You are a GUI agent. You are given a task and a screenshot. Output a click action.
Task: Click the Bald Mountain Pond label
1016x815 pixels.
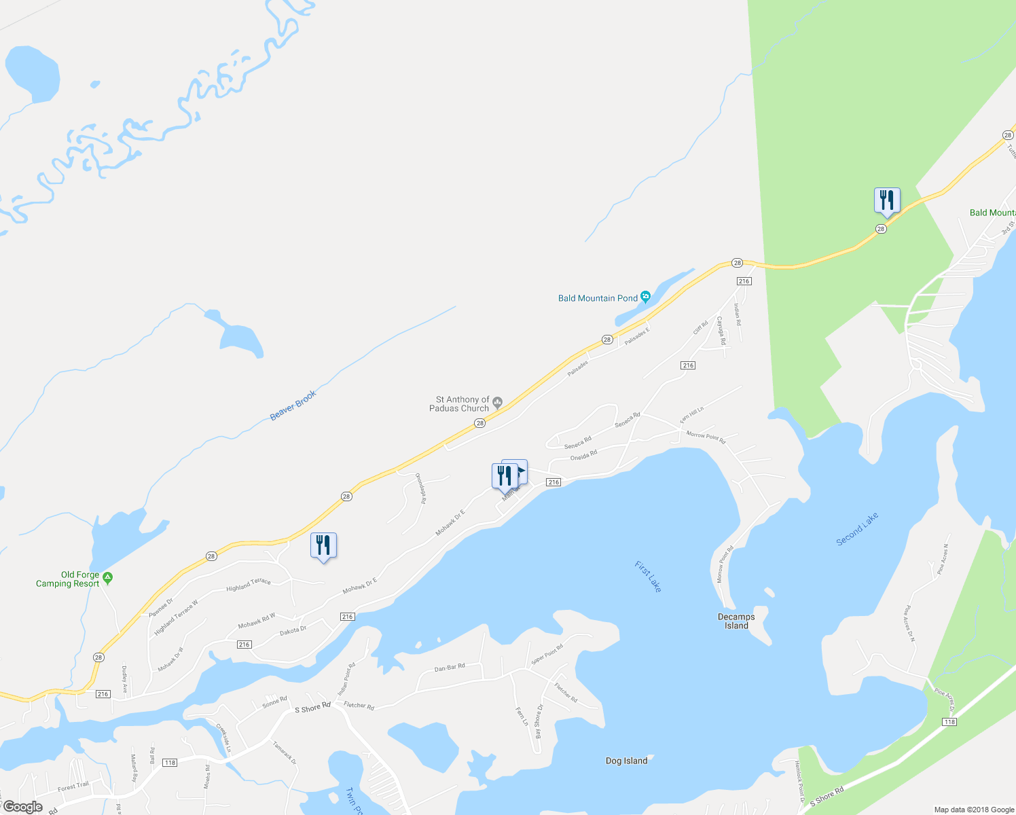[598, 298]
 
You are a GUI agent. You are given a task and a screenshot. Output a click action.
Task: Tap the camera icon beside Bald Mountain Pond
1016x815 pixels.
[645, 297]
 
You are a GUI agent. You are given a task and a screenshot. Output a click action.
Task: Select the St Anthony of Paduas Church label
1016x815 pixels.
[462, 404]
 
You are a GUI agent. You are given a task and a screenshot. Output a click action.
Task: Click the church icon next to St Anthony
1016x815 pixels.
[498, 404]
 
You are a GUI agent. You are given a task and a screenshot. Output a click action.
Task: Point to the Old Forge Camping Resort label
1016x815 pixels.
[67, 579]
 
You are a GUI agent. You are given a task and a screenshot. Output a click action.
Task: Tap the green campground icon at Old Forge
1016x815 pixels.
[107, 578]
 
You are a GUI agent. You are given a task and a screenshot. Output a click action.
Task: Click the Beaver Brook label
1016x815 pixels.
[293, 405]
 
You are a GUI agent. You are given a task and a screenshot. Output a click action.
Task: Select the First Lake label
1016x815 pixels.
[648, 576]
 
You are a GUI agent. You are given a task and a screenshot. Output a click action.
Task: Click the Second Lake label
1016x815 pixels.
[857, 529]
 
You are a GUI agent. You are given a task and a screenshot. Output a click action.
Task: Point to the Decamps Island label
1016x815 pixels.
[736, 621]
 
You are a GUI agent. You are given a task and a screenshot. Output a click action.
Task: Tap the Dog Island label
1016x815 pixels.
[626, 761]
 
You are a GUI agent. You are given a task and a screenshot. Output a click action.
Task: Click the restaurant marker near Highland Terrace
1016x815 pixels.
[323, 545]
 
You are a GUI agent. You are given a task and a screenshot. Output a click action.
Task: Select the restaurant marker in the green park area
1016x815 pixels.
[887, 200]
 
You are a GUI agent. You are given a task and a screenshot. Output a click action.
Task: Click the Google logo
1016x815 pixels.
[22, 807]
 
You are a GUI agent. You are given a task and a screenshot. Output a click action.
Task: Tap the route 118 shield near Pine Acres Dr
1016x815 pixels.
[949, 722]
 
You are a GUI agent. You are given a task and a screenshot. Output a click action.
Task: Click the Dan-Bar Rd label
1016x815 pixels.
[450, 668]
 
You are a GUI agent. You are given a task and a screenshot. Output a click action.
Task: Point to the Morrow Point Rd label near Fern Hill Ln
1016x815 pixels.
[706, 437]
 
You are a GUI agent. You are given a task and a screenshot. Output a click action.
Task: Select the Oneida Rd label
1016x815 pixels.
[583, 455]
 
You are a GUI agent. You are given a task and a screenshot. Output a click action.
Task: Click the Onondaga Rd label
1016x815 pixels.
[420, 488]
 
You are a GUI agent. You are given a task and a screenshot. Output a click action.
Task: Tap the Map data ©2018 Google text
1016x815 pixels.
[974, 810]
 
